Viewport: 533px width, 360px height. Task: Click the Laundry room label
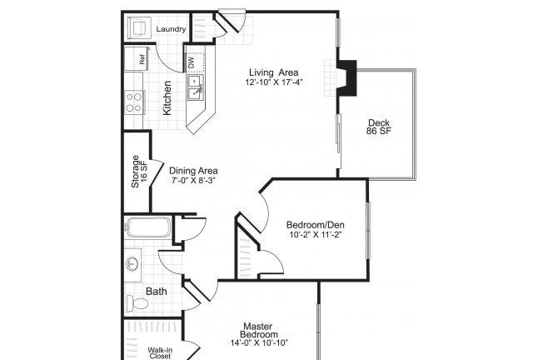tap(171, 29)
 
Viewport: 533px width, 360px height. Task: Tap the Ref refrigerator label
tap(142, 59)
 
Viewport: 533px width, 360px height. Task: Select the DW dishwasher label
tap(191, 62)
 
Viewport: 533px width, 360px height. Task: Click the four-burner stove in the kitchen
tap(134, 102)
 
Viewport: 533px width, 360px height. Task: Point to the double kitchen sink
tap(196, 87)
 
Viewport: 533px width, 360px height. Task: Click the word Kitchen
tap(167, 98)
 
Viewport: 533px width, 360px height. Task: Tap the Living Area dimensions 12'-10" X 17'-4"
tap(274, 82)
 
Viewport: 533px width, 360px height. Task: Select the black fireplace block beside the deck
tap(347, 78)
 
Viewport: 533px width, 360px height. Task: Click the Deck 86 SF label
tap(379, 127)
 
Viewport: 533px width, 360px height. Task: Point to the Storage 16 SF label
tap(139, 172)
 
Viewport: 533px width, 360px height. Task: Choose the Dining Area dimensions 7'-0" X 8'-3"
tap(193, 180)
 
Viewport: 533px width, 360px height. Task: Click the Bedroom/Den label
tap(315, 225)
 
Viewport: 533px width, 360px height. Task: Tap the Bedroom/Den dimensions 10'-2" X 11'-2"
tap(315, 234)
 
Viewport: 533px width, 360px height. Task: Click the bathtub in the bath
tap(148, 227)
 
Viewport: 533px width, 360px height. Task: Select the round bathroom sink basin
tap(132, 263)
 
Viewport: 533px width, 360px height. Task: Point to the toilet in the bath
tap(137, 303)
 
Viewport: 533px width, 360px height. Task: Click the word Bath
tap(157, 292)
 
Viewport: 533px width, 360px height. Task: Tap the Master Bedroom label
tap(259, 330)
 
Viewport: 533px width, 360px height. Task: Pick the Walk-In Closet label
tap(160, 353)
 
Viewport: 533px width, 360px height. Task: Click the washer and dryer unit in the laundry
tap(139, 27)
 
